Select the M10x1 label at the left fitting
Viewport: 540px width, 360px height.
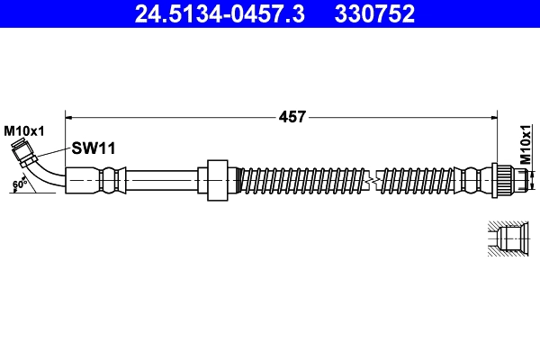tap(24, 131)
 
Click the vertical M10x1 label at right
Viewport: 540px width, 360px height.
tap(526, 145)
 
